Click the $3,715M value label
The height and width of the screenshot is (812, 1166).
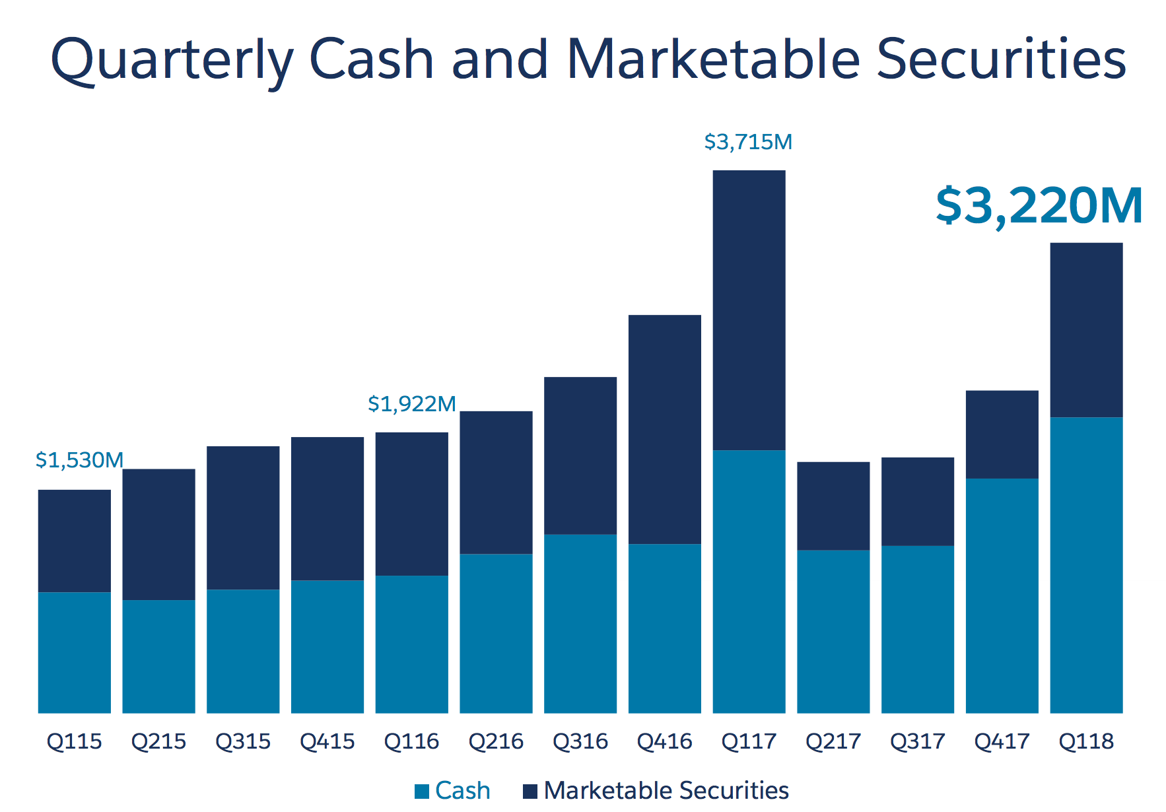[x=748, y=142]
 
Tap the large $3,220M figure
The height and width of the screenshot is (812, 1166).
[x=1039, y=205]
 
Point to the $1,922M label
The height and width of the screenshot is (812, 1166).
[x=412, y=404]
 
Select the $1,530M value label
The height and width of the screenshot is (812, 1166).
[x=79, y=460]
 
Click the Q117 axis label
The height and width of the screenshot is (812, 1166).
[x=749, y=741]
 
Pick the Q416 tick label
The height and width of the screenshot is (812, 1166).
[x=664, y=741]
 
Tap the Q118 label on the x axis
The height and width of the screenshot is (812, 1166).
[x=1086, y=741]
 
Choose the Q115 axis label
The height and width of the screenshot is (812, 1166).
[x=75, y=741]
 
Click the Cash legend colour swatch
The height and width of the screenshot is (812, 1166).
[x=422, y=791]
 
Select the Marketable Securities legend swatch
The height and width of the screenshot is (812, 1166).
[x=530, y=791]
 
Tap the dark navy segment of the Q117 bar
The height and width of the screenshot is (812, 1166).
[x=749, y=310]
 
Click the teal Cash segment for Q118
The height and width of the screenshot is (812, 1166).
[x=1086, y=564]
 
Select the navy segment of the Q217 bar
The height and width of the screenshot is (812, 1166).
[x=833, y=506]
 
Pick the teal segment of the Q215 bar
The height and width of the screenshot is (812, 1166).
[x=158, y=656]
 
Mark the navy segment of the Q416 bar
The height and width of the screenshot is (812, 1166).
[x=664, y=429]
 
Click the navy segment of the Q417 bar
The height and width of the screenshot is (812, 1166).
[x=1002, y=434]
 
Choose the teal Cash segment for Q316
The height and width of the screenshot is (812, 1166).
[x=580, y=623]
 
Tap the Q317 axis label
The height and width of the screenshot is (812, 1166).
[x=917, y=741]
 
